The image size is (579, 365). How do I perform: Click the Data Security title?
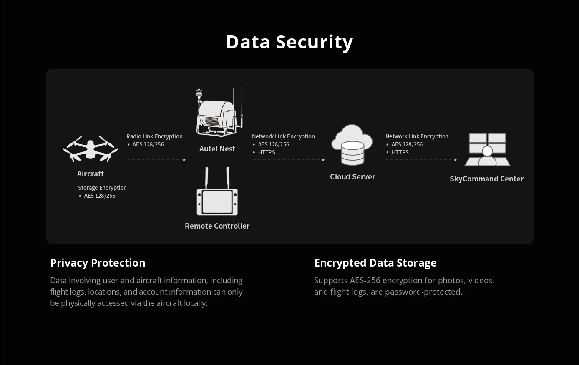289,42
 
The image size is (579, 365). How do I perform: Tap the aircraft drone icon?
91,149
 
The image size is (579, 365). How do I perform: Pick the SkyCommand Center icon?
487,149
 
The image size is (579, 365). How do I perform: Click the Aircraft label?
91,174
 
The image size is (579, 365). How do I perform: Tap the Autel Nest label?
217,149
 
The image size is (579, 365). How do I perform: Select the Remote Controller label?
217,226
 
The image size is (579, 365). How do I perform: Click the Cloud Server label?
352,176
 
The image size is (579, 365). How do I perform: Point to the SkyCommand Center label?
486,179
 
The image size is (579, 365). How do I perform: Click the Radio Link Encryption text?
154,136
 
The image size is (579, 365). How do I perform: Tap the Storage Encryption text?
102,188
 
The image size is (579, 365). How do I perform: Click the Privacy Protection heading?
98,263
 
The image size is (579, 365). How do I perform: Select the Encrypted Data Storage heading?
375,263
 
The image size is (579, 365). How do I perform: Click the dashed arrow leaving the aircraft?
156,160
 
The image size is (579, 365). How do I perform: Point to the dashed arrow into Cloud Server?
289,160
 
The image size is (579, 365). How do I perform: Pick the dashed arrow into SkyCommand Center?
421,160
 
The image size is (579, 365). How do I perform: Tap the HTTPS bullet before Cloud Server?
267,152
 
